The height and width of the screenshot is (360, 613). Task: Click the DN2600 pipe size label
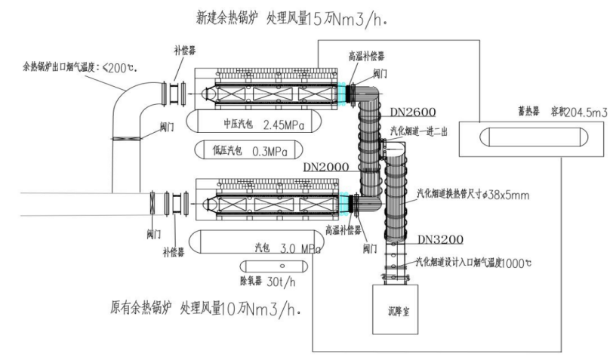(413, 112)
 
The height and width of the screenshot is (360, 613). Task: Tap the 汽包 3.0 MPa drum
(257, 247)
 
